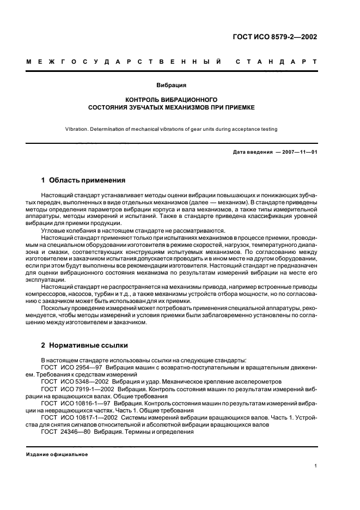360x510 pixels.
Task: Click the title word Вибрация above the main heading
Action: (x=172, y=86)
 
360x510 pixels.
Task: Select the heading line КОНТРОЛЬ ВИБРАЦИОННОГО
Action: (x=172, y=100)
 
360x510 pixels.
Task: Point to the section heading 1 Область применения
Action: (x=84, y=180)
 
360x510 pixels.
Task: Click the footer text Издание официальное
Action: (x=57, y=454)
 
